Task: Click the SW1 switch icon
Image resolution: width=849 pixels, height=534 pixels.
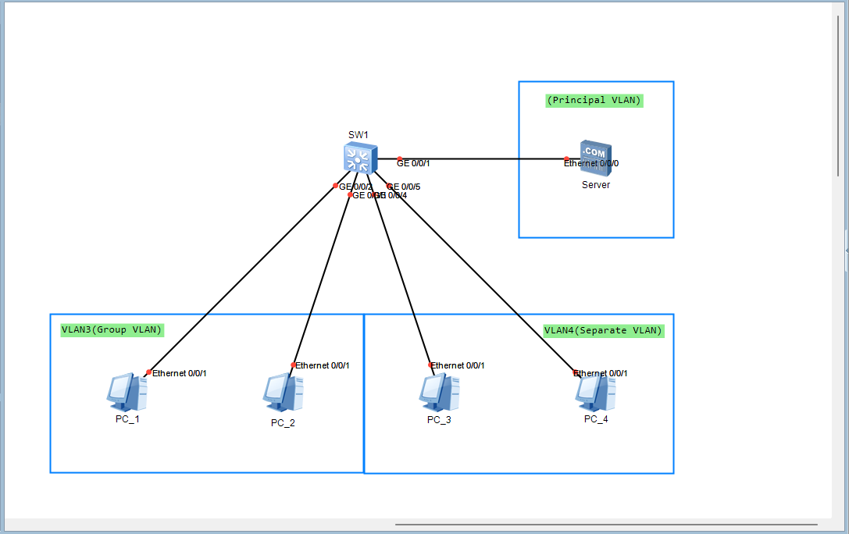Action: [359, 158]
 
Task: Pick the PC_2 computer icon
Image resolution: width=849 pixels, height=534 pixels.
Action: [283, 393]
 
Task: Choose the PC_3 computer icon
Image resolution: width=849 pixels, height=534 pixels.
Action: [439, 393]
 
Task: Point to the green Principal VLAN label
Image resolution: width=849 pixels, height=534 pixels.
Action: [594, 100]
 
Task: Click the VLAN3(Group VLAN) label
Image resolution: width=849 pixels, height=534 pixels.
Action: [112, 329]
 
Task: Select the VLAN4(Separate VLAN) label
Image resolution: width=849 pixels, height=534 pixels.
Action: [603, 330]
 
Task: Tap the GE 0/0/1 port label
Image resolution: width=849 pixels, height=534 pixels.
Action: [413, 163]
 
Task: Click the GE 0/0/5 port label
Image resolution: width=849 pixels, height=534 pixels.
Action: [405, 187]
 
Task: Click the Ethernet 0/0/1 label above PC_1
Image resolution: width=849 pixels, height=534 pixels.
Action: [179, 373]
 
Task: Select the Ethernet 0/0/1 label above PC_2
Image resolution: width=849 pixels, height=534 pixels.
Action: [322, 365]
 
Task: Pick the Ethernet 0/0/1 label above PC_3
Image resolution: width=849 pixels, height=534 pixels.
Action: [458, 365]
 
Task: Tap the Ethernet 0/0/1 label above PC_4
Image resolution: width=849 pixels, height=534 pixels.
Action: [601, 373]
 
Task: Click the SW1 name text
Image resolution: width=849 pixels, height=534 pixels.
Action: [358, 135]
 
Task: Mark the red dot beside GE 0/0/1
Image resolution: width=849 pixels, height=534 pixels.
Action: [399, 158]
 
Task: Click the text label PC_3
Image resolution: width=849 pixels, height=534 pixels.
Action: [439, 420]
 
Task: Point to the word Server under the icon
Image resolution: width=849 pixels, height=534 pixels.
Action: [596, 185]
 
